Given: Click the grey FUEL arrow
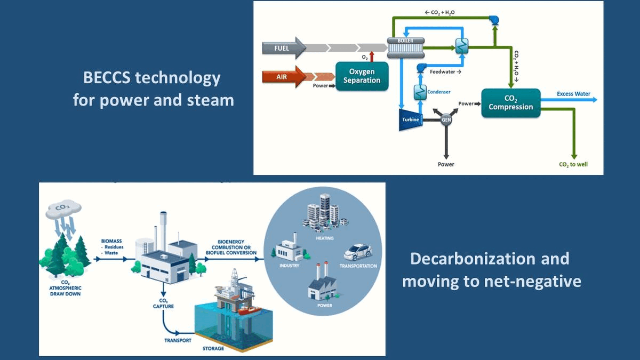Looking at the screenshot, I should (283, 48).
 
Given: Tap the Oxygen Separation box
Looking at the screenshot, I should (362, 76).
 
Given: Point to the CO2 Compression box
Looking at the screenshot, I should (510, 103).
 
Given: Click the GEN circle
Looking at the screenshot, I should (446, 120).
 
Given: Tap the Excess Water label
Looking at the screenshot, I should (573, 94).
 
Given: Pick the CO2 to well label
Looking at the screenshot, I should (573, 164).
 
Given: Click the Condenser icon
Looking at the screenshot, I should (420, 92).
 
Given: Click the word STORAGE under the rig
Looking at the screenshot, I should (213, 349).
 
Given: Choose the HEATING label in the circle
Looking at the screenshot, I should (325, 238).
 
